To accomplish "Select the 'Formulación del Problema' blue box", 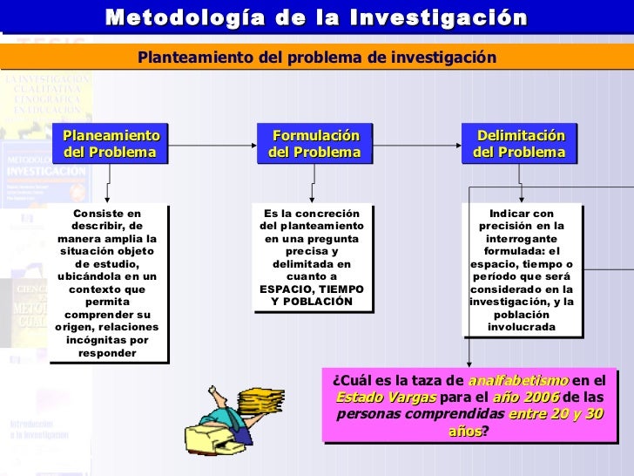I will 314,144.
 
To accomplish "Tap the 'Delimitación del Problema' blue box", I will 519,144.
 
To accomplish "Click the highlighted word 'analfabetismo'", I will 518,381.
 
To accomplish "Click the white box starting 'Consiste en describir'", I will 108,282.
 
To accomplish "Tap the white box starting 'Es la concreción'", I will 312,257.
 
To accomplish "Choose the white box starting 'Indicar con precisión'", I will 521,270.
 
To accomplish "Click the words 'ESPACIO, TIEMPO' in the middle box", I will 312,289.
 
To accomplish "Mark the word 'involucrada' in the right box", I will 522,327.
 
